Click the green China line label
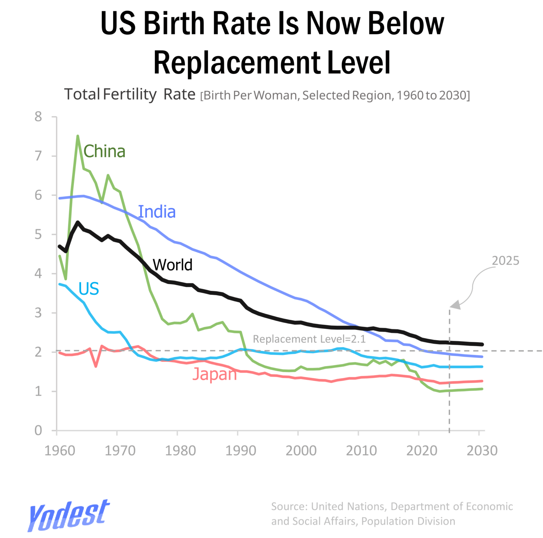point(104,151)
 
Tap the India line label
point(157,212)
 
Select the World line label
point(173,265)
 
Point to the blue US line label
point(89,289)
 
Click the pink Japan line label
point(214,374)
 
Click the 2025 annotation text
point(506,261)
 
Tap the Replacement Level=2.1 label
point(309,339)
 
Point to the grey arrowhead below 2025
point(456,304)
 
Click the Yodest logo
point(69,515)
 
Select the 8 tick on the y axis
point(38,117)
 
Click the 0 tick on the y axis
point(38,430)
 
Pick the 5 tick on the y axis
point(38,234)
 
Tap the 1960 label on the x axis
point(60,451)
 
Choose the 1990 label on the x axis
point(241,451)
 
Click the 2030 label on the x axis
point(482,451)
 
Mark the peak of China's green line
point(78,136)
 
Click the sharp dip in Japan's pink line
point(96,366)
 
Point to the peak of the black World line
point(78,222)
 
